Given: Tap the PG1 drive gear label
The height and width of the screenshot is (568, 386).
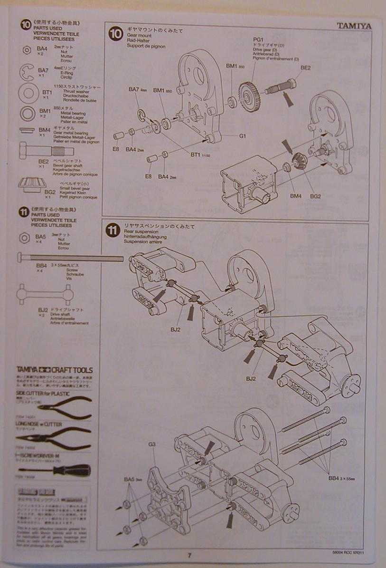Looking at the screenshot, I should coord(258,39).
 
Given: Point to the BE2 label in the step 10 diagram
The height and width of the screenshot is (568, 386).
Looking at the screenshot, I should coord(305,68).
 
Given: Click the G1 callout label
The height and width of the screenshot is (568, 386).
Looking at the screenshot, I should coord(242,136).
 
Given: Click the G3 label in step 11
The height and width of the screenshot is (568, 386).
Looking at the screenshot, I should coord(152,444).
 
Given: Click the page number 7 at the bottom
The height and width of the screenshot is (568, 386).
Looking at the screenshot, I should coord(188,555).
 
